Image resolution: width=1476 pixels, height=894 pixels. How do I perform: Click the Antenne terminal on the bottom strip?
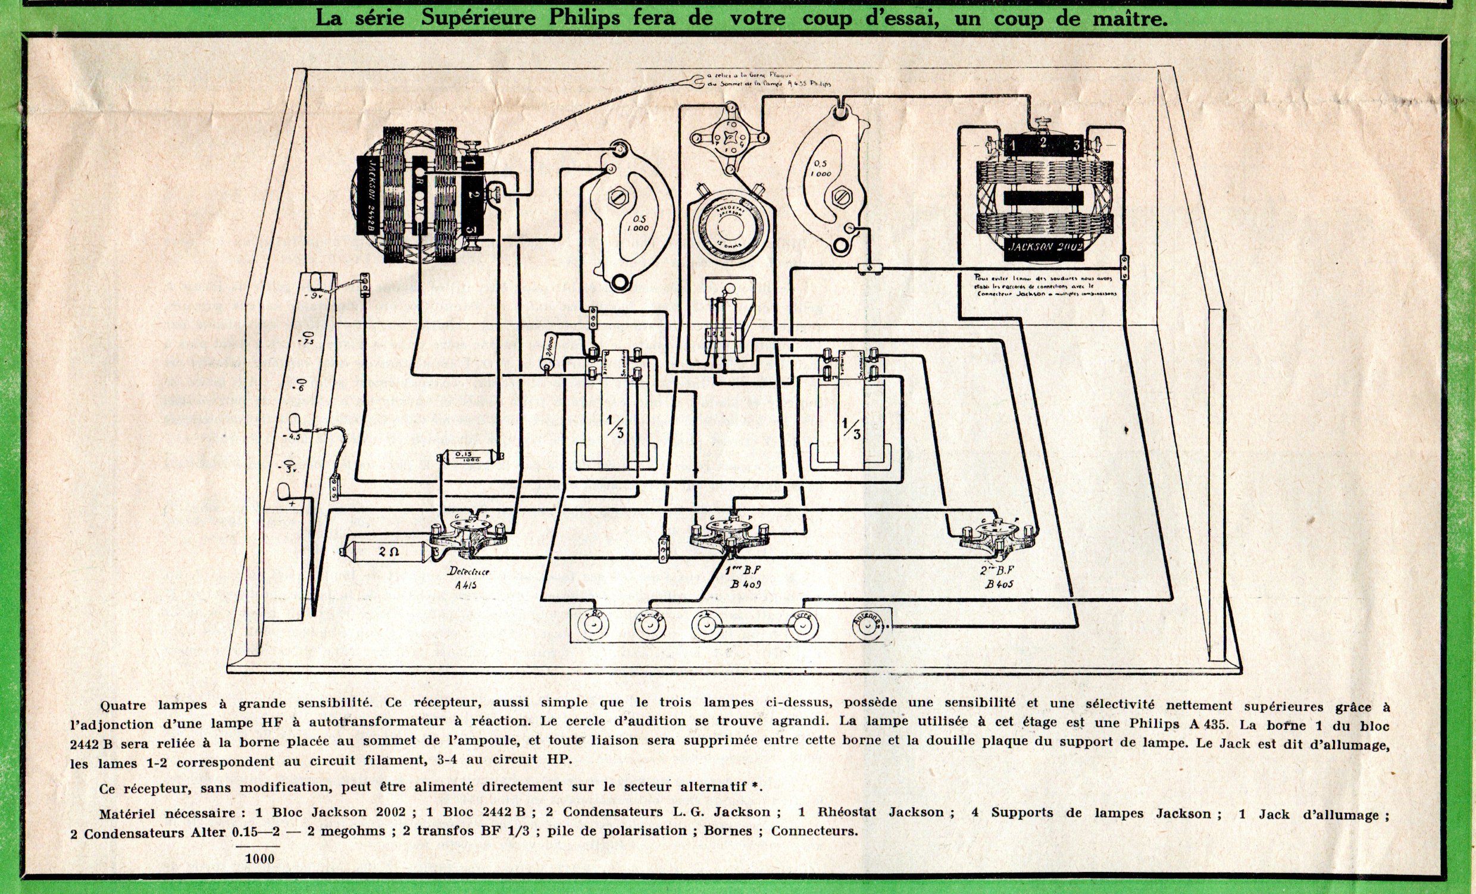click(x=868, y=626)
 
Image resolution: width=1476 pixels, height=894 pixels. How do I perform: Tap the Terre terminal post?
click(x=802, y=626)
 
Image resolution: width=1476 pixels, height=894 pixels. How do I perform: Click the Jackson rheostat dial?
click(x=730, y=227)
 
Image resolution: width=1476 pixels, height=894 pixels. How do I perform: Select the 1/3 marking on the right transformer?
click(x=852, y=427)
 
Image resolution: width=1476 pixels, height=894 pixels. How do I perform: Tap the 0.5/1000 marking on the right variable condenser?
click(x=821, y=168)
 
